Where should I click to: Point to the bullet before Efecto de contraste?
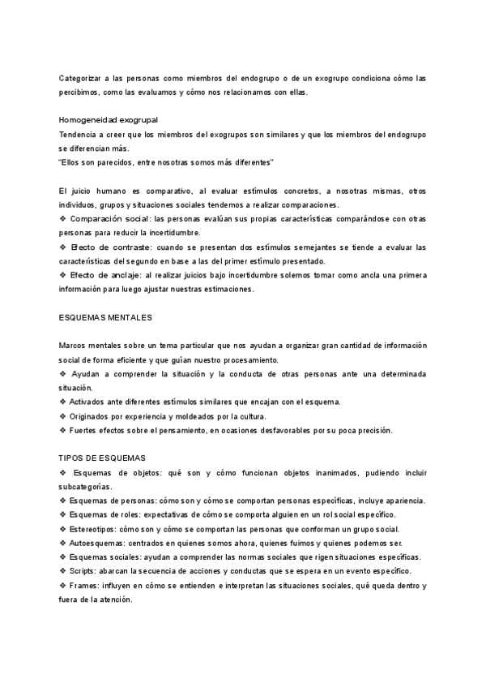tap(63, 247)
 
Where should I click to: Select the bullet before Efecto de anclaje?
tap(63, 275)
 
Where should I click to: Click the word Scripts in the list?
tap(84, 571)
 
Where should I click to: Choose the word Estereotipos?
tap(94, 529)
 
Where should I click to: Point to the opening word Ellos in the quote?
tap(71, 162)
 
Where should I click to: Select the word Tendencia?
tap(79, 134)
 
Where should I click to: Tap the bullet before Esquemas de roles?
tap(63, 515)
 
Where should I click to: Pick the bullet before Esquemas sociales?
tap(63, 557)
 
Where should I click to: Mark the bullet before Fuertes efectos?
tap(63, 430)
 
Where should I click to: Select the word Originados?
tap(92, 416)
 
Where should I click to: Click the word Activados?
tap(90, 402)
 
